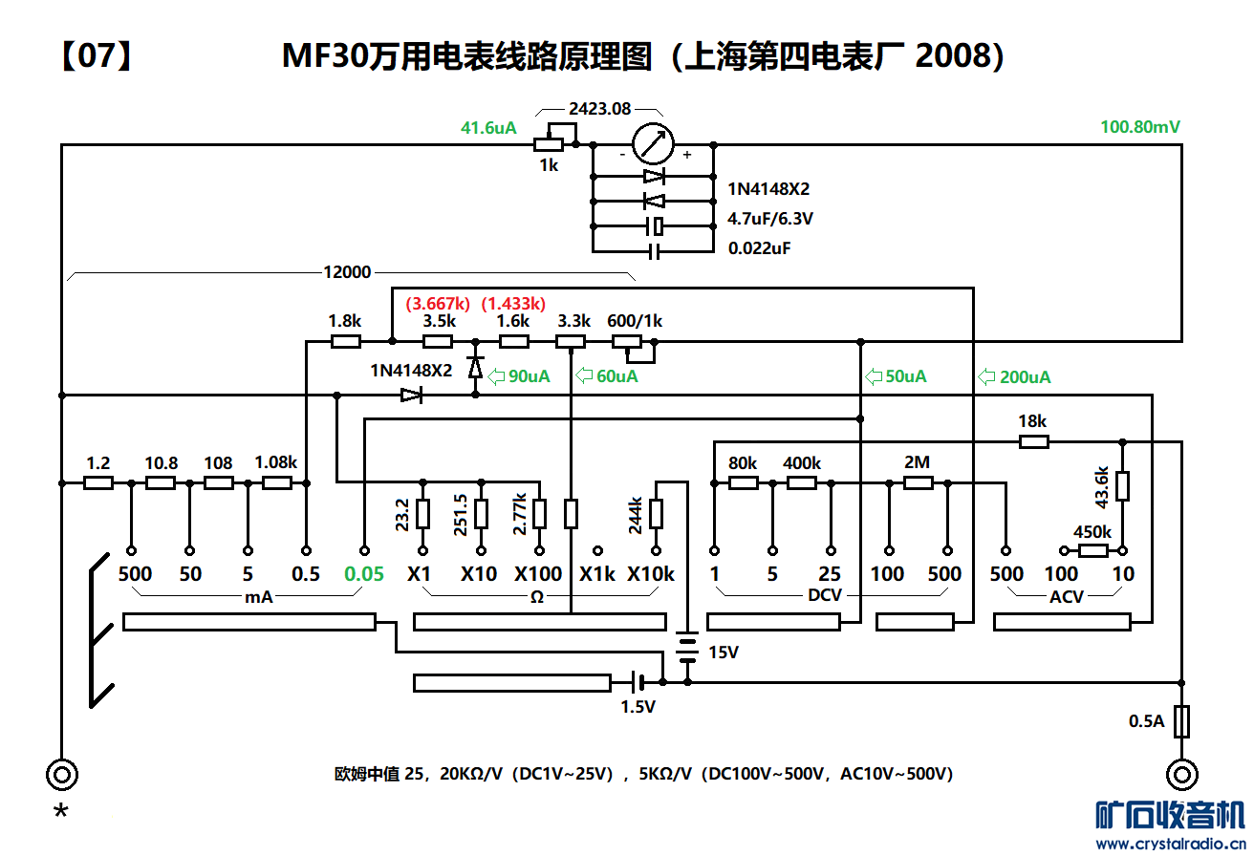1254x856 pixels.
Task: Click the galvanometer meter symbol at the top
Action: (x=654, y=144)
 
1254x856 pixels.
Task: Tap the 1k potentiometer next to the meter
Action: (x=548, y=144)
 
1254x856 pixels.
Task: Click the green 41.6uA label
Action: (x=488, y=127)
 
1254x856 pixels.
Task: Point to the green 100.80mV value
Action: (x=1140, y=127)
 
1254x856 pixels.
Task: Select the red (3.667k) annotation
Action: (x=438, y=304)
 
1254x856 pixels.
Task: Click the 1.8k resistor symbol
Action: (x=345, y=341)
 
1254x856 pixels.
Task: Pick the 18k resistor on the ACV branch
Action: (x=1033, y=441)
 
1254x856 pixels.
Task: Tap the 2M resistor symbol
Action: (x=918, y=482)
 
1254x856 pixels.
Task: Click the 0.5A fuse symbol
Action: (x=1182, y=720)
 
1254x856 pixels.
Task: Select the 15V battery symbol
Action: (x=686, y=647)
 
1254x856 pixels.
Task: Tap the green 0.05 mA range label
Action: (x=364, y=574)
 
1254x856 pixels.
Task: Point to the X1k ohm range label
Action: (x=597, y=574)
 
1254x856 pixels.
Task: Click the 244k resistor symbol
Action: (x=657, y=513)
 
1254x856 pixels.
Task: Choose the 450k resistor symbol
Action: (x=1092, y=550)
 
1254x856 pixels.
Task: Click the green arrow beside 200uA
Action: (x=986, y=376)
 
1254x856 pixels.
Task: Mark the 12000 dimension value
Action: (x=347, y=272)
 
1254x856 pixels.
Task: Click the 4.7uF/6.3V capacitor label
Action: (x=770, y=219)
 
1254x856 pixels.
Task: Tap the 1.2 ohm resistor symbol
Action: (x=98, y=482)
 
